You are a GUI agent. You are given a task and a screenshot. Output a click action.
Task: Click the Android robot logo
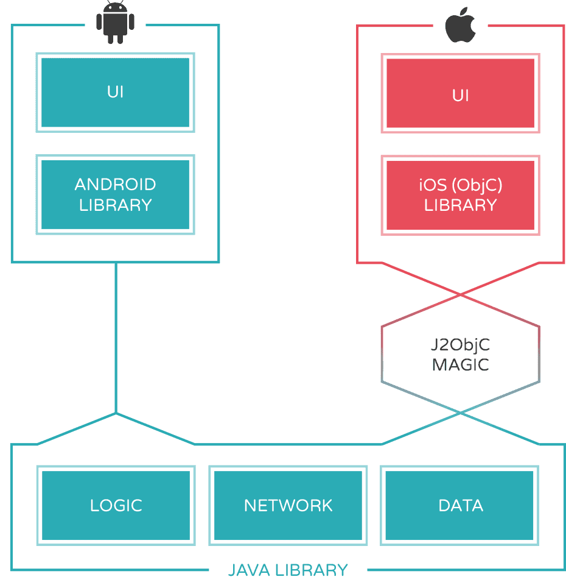tap(115, 23)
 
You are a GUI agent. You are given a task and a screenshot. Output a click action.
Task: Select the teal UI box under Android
tap(115, 93)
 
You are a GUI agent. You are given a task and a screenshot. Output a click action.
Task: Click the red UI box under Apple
tap(461, 93)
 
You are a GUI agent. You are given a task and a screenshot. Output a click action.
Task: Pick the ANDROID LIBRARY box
tap(115, 194)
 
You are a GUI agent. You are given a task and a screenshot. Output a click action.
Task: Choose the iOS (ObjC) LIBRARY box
tap(461, 195)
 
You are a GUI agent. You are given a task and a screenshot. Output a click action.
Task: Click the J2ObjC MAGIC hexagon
tap(461, 354)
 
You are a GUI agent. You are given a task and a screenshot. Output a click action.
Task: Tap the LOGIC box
tap(116, 506)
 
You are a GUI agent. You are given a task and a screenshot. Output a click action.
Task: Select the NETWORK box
tap(288, 506)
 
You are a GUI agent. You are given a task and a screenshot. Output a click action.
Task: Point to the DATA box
tap(459, 506)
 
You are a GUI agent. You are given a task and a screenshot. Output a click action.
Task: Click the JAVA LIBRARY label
tap(288, 570)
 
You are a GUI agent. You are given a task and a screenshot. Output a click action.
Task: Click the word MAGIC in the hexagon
tap(461, 365)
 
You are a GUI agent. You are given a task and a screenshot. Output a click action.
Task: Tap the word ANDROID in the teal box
tap(115, 184)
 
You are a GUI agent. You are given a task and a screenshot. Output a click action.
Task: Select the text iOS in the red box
tap(433, 185)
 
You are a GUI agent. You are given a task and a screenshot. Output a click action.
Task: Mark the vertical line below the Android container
tap(116, 338)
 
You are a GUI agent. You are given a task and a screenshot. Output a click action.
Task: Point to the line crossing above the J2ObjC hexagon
tap(461, 295)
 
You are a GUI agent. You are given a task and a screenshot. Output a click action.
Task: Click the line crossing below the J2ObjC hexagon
tap(461, 413)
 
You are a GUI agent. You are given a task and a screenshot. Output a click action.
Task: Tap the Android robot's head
tap(115, 7)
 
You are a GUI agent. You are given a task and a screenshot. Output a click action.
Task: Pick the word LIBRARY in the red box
tap(461, 205)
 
